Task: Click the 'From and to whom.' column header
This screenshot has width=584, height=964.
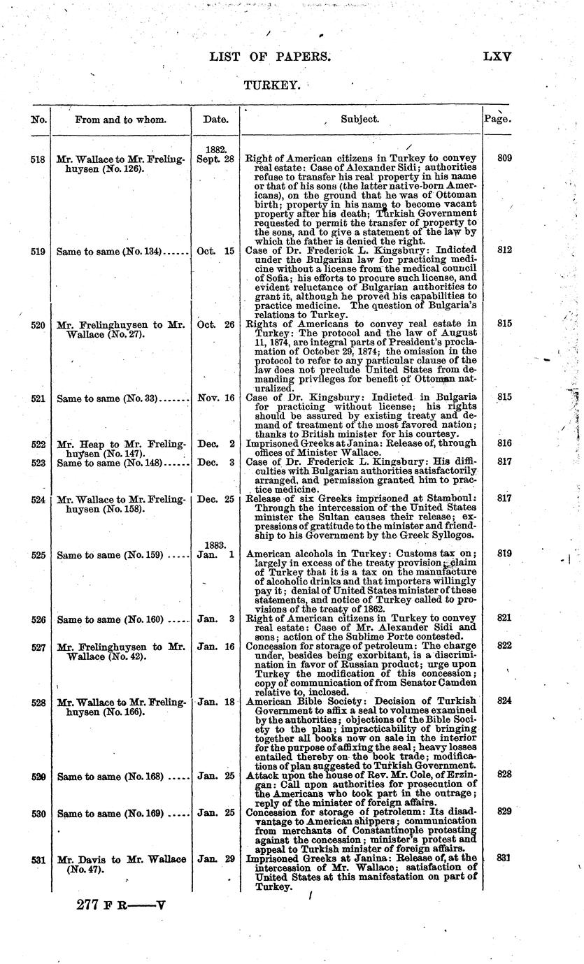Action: coord(121,120)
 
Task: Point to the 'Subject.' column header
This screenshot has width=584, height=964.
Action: coord(360,120)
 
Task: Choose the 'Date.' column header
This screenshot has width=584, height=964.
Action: coord(215,120)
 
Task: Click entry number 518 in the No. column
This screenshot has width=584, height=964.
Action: coord(38,159)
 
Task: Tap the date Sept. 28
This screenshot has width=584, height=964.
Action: coord(215,159)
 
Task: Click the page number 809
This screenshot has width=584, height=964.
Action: coord(504,159)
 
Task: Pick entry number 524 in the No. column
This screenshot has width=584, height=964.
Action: coord(38,499)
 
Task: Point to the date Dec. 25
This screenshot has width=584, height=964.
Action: coord(215,499)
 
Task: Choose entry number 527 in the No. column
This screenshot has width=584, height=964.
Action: coord(38,647)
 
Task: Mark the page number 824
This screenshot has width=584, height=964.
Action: coord(504,699)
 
